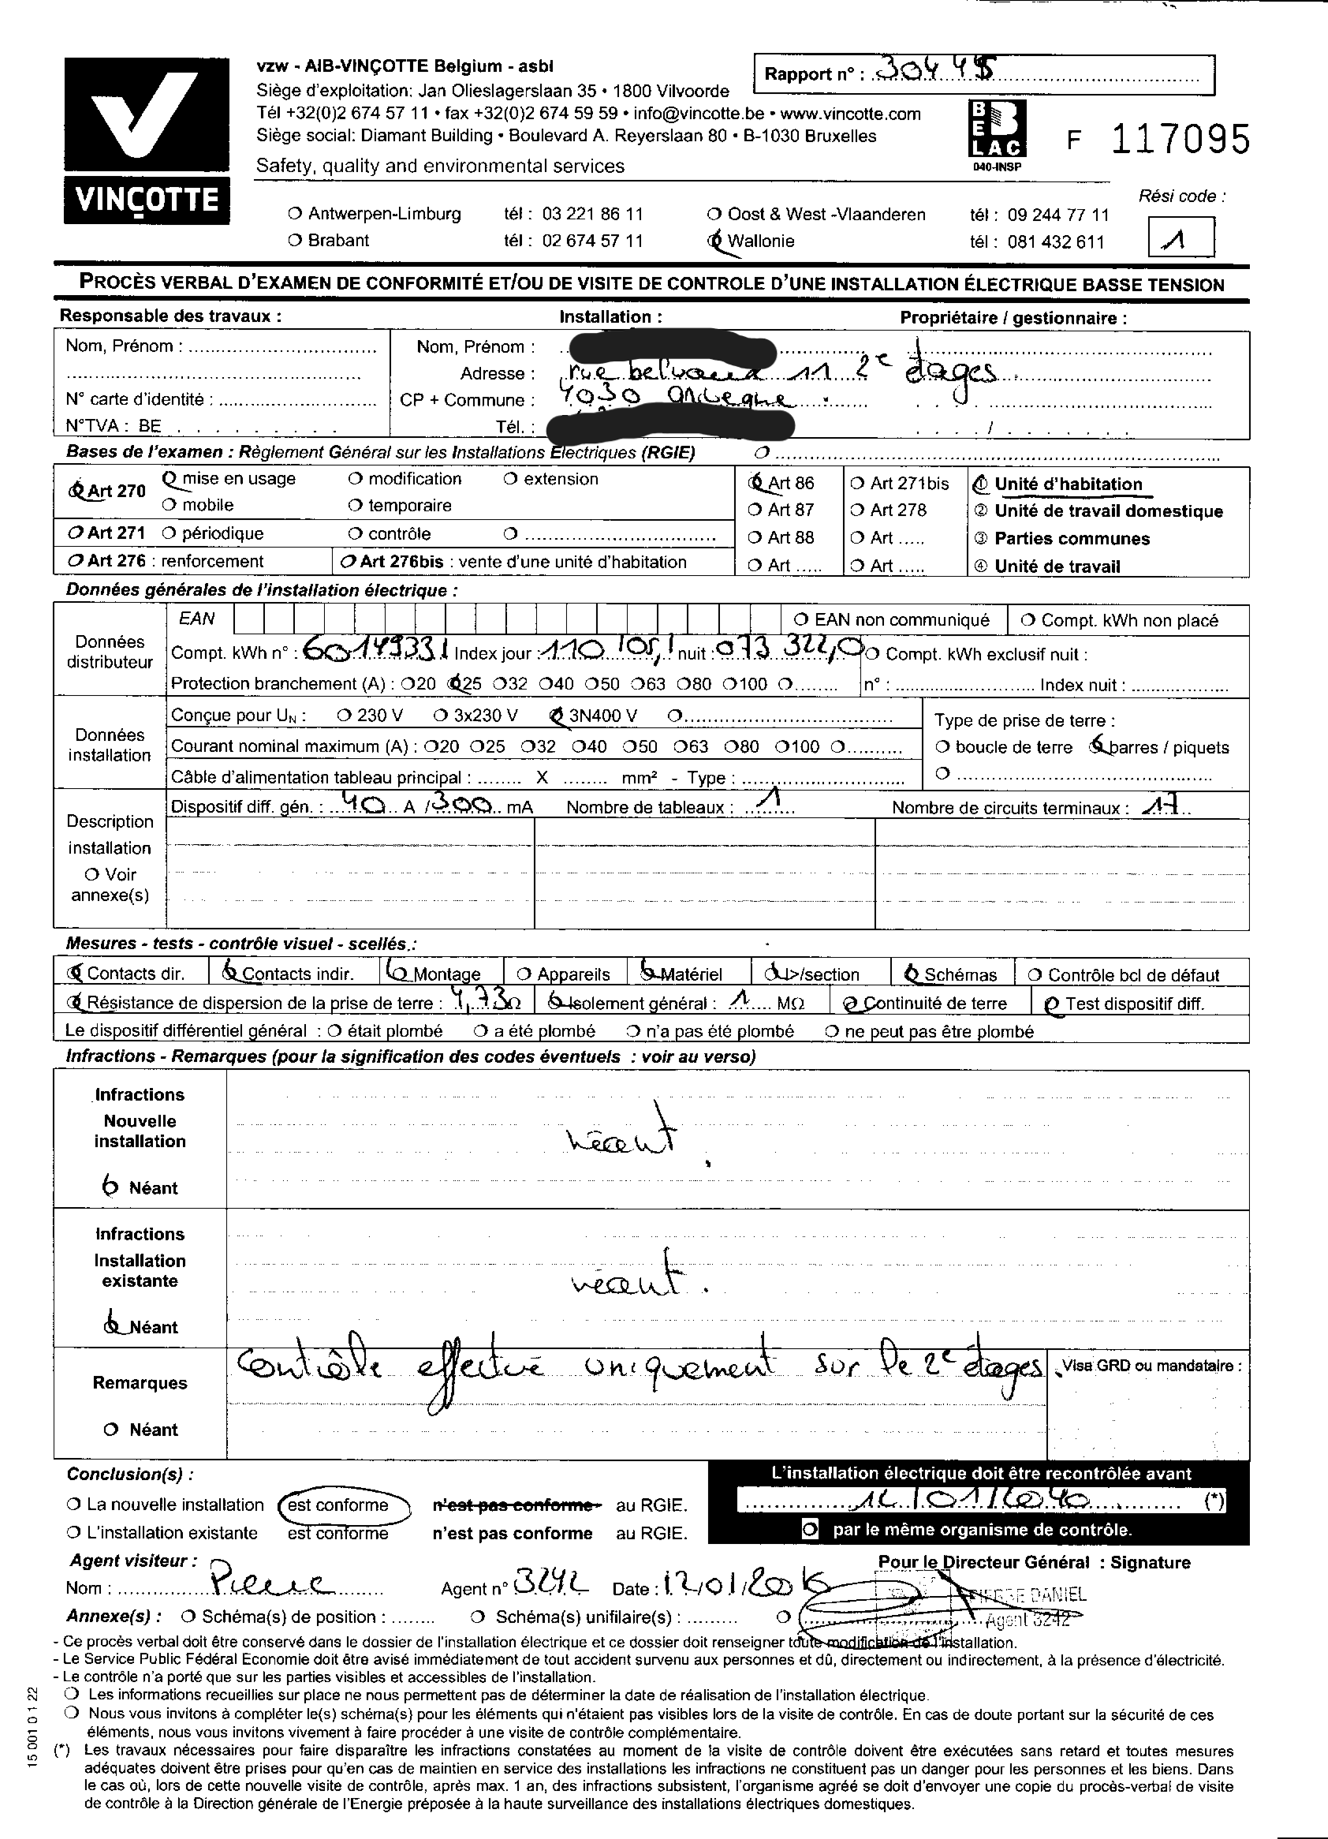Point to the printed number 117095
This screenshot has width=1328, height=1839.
[1180, 140]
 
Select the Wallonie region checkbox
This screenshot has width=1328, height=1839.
[715, 240]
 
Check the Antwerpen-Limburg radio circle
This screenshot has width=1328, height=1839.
[295, 214]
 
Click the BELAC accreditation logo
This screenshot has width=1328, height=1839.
[998, 129]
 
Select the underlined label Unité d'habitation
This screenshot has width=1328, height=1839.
[1068, 484]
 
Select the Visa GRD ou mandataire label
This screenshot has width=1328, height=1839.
[1151, 1366]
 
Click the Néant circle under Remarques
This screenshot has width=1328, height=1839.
[112, 1430]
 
